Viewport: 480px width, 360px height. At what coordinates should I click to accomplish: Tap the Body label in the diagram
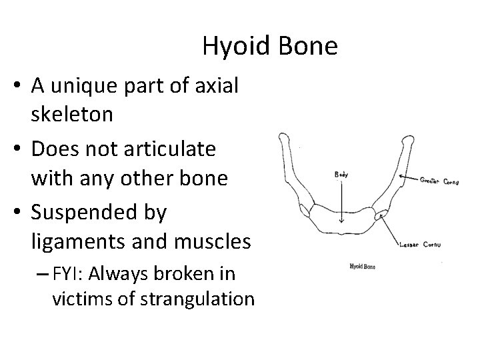click(341, 175)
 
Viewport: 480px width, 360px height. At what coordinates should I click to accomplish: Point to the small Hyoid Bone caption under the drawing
click(362, 267)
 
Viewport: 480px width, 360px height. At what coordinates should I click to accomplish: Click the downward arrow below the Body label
click(341, 200)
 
